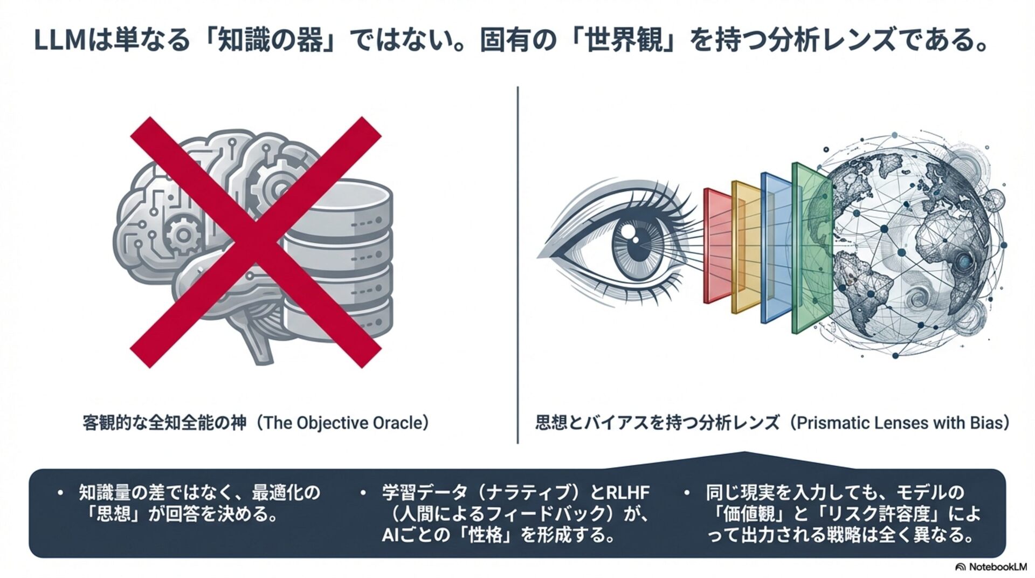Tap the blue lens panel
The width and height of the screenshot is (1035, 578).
point(775,248)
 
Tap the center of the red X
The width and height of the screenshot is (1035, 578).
point(256,243)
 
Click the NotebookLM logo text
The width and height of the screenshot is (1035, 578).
point(997,567)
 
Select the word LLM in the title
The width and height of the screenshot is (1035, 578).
point(60,42)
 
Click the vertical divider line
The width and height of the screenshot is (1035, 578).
point(518,264)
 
